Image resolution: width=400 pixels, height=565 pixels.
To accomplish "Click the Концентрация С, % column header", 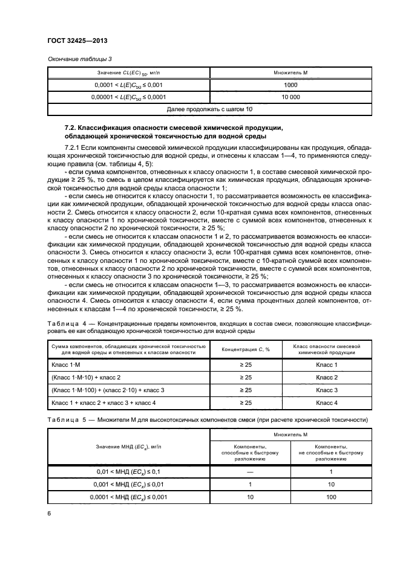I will (x=246, y=349).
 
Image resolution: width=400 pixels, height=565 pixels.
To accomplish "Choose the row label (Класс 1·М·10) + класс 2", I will (x=87, y=377).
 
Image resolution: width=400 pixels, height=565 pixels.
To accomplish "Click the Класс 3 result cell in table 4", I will (x=327, y=390).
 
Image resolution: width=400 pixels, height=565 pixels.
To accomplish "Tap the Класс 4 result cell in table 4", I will (x=327, y=402).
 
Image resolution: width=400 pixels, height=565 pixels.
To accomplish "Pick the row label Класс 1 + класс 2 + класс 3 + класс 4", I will (x=103, y=402).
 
